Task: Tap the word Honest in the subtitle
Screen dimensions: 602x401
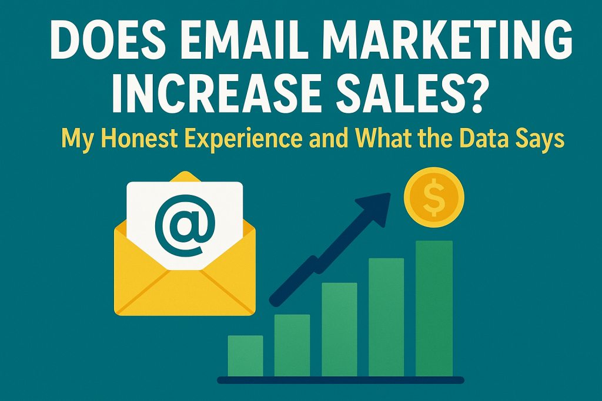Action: pyautogui.click(x=141, y=139)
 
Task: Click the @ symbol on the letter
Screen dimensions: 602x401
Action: pyautogui.click(x=185, y=227)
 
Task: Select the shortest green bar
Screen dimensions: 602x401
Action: pyautogui.click(x=245, y=356)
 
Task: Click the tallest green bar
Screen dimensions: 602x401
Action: pyautogui.click(x=434, y=309)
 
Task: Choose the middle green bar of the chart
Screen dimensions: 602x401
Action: pyautogui.click(x=339, y=330)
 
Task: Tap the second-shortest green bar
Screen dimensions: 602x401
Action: pyautogui.click(x=292, y=345)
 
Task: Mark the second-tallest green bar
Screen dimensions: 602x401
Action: pyautogui.click(x=386, y=318)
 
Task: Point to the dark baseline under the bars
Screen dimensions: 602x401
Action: pyautogui.click(x=340, y=380)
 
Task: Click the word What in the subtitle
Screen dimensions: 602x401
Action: pyautogui.click(x=384, y=139)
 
